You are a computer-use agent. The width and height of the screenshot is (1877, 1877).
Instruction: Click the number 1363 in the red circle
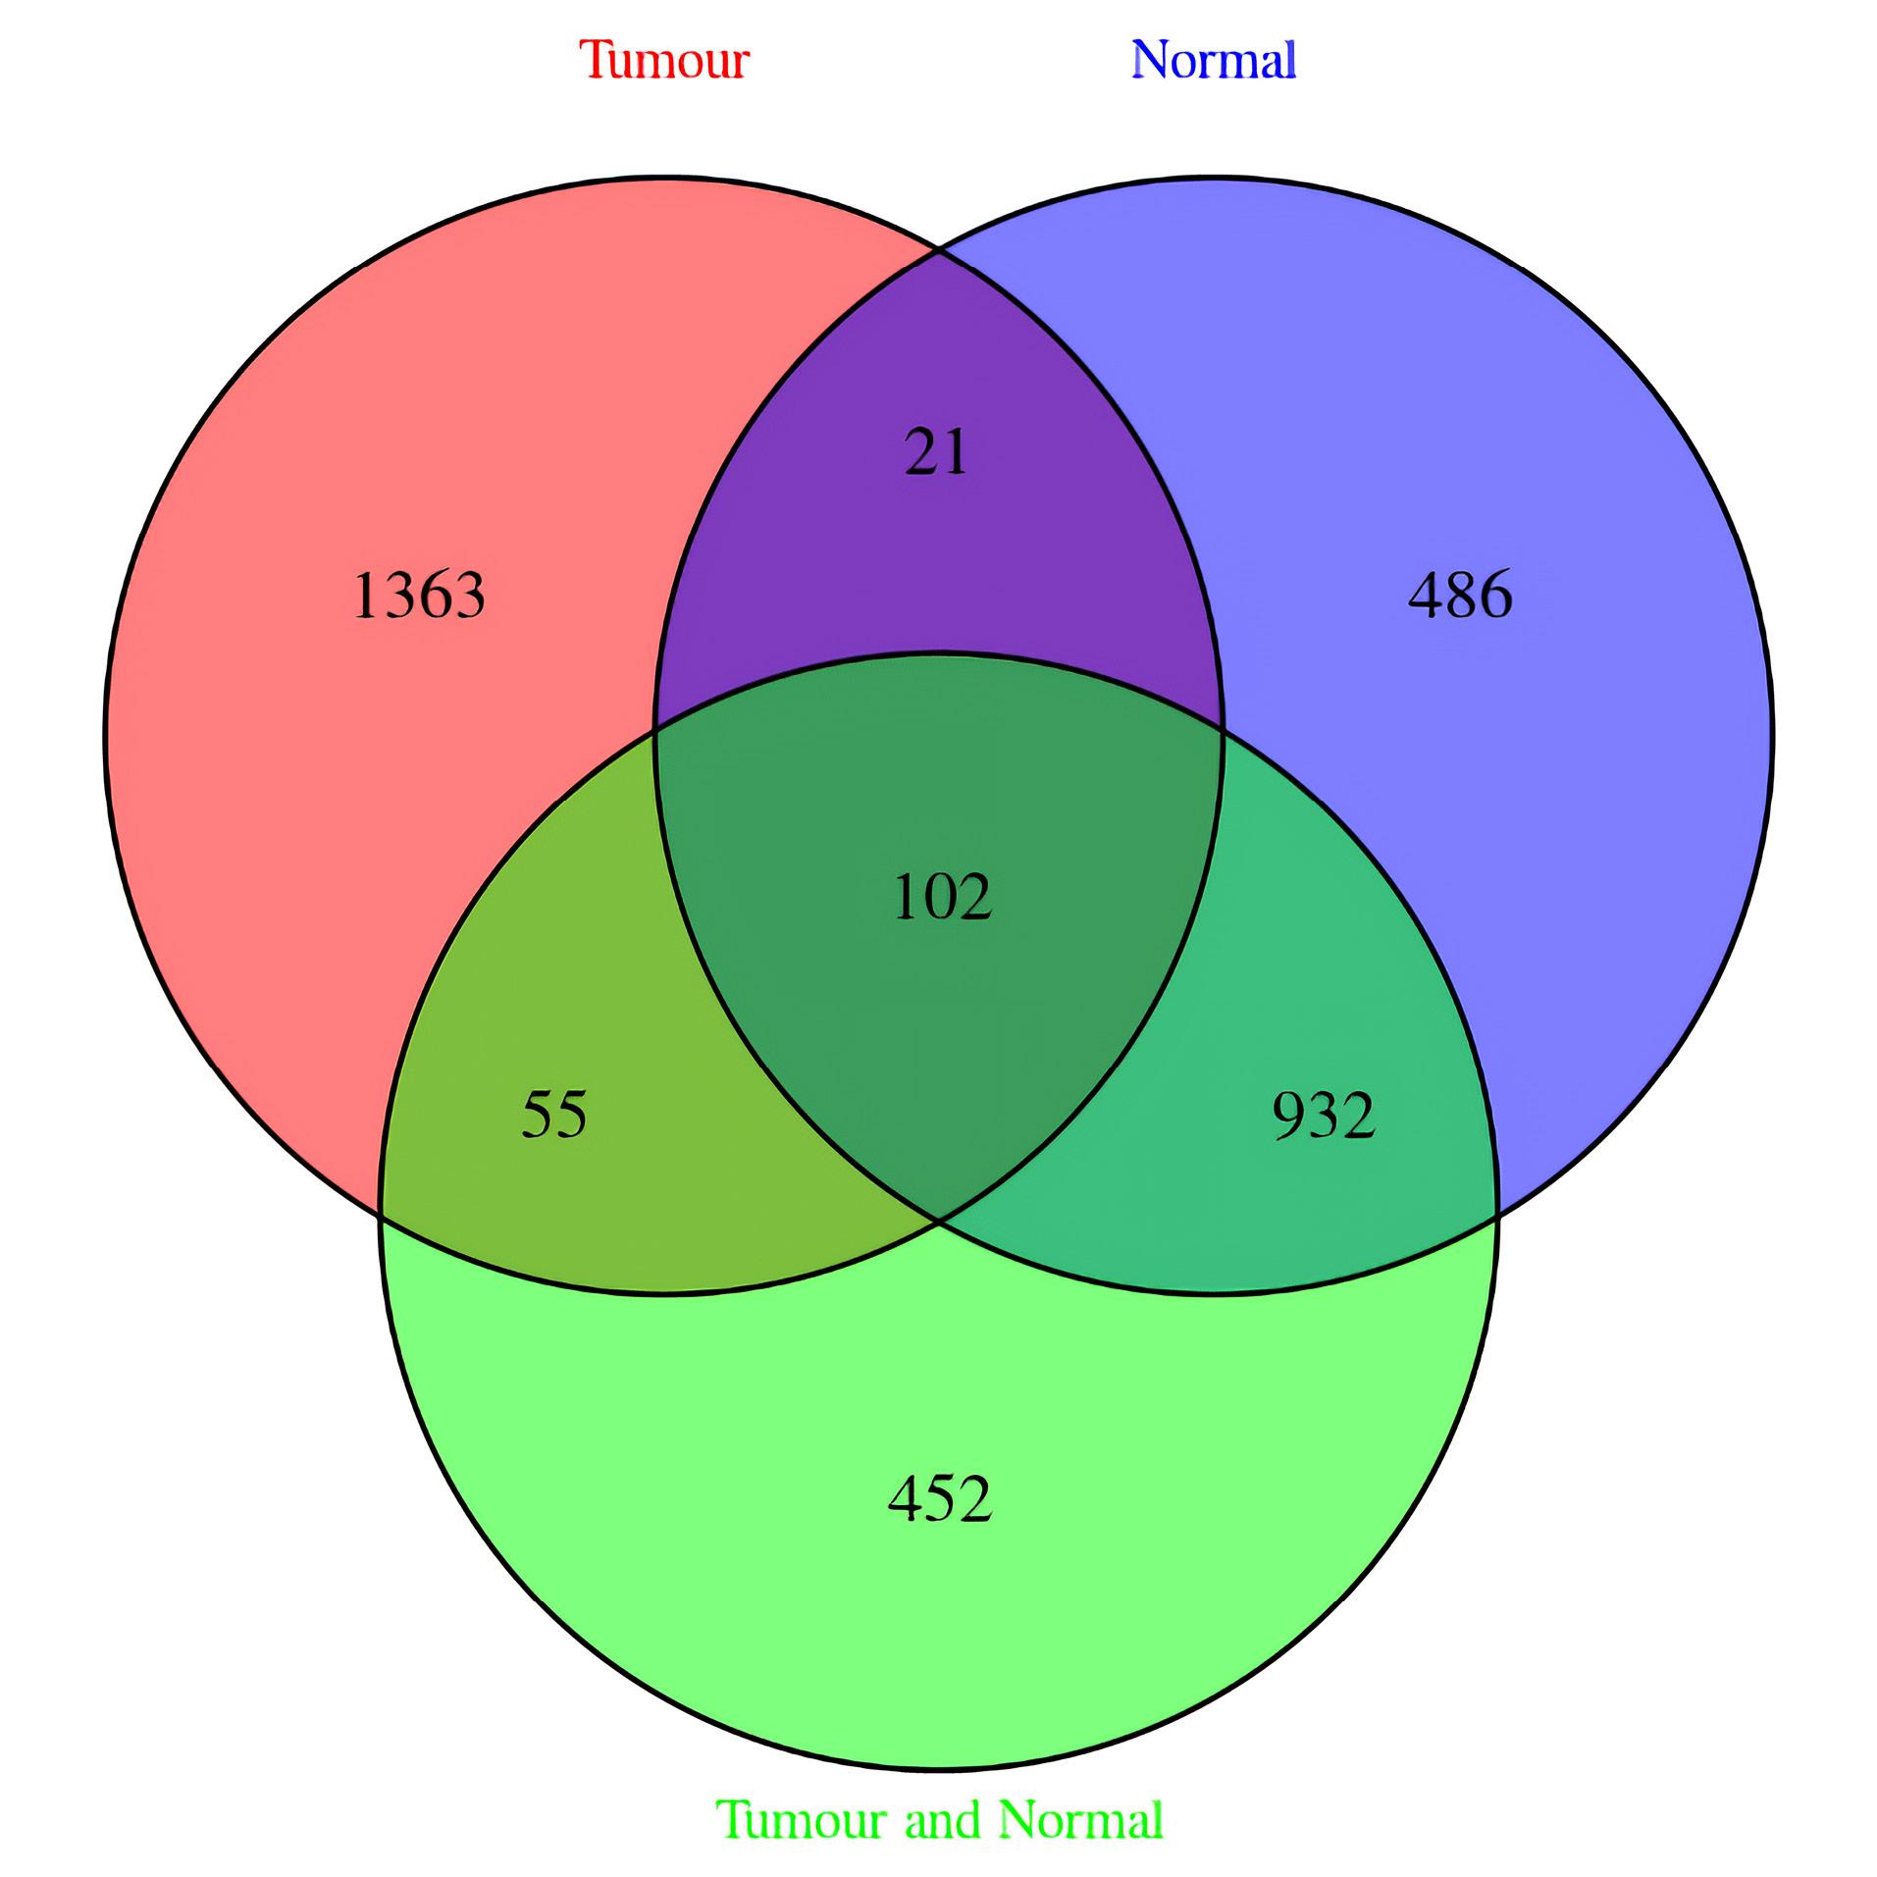coord(418,596)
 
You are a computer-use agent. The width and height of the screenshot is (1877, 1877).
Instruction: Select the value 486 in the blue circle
coord(1460,596)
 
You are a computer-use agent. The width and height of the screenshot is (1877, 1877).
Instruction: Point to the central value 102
coord(942,898)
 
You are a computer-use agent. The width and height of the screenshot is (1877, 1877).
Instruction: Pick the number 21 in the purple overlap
coord(936,453)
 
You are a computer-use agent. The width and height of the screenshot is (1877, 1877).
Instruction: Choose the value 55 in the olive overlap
coord(554,1116)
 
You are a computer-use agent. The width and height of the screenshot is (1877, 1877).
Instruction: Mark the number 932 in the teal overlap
coord(1324,1116)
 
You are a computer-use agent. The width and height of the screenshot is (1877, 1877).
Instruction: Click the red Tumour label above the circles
coord(664,60)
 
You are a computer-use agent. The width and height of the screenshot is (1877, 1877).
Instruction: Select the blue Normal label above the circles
coord(1214,60)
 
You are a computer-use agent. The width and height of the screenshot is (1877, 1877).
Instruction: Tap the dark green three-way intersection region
coord(940,932)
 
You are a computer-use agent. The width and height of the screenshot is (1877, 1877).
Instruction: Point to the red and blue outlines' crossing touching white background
coord(939,251)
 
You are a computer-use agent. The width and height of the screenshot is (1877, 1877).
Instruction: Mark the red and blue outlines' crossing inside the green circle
coord(940,1223)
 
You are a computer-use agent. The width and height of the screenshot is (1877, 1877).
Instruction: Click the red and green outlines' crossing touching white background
coord(381,1217)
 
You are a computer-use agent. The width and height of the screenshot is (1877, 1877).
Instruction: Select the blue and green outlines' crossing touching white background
coord(1497,1217)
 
